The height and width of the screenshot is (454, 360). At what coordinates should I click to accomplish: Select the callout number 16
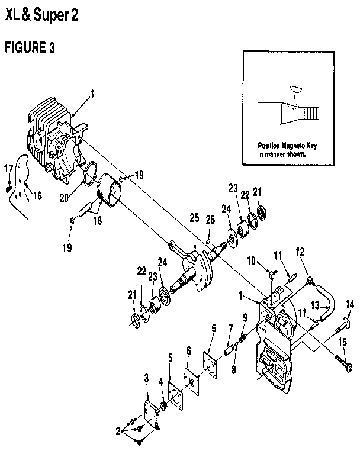[x=37, y=195]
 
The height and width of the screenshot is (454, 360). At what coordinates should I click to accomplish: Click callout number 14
[x=349, y=304]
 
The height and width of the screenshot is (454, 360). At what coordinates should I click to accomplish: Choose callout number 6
[x=188, y=350]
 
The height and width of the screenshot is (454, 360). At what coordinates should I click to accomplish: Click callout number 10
[x=251, y=260]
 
